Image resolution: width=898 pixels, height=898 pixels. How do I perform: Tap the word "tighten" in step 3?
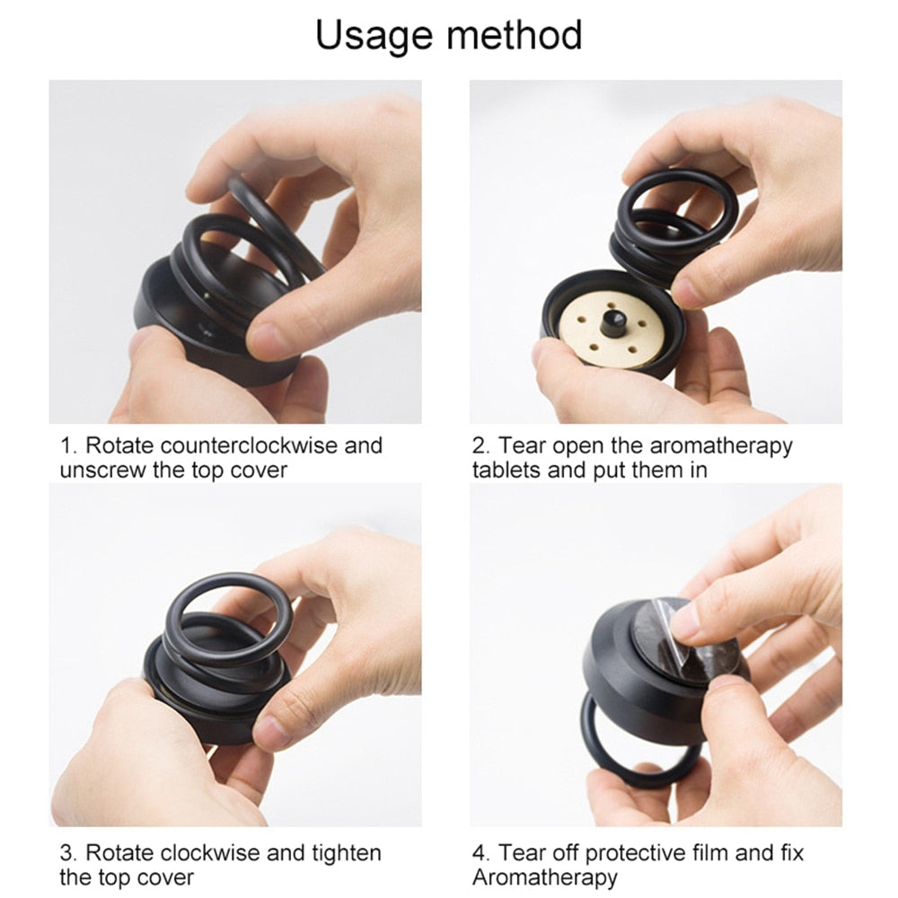tap(346, 854)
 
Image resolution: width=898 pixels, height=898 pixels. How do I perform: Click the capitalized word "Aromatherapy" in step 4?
tap(545, 878)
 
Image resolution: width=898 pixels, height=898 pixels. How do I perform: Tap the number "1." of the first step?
tap(69, 445)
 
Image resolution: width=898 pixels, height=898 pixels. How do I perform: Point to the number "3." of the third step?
tap(68, 853)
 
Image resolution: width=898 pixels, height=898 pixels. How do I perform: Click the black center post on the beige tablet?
tap(611, 324)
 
